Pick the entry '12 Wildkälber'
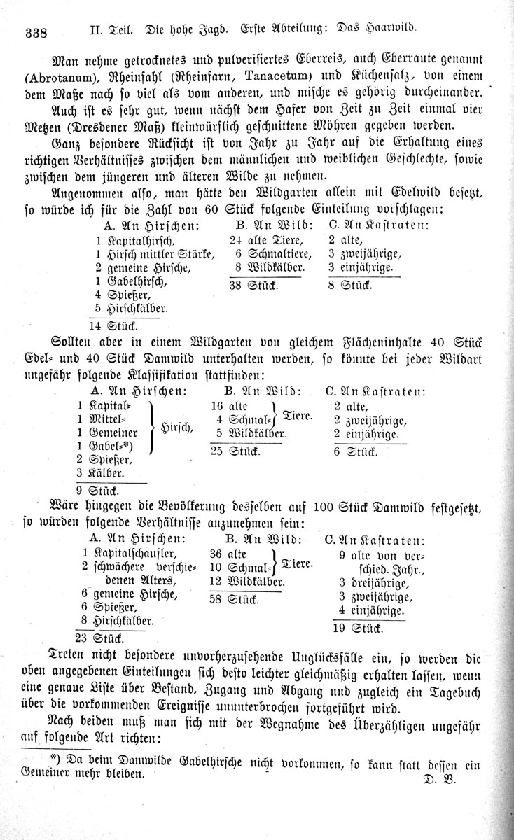(x=246, y=582)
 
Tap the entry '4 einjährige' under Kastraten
(x=371, y=611)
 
